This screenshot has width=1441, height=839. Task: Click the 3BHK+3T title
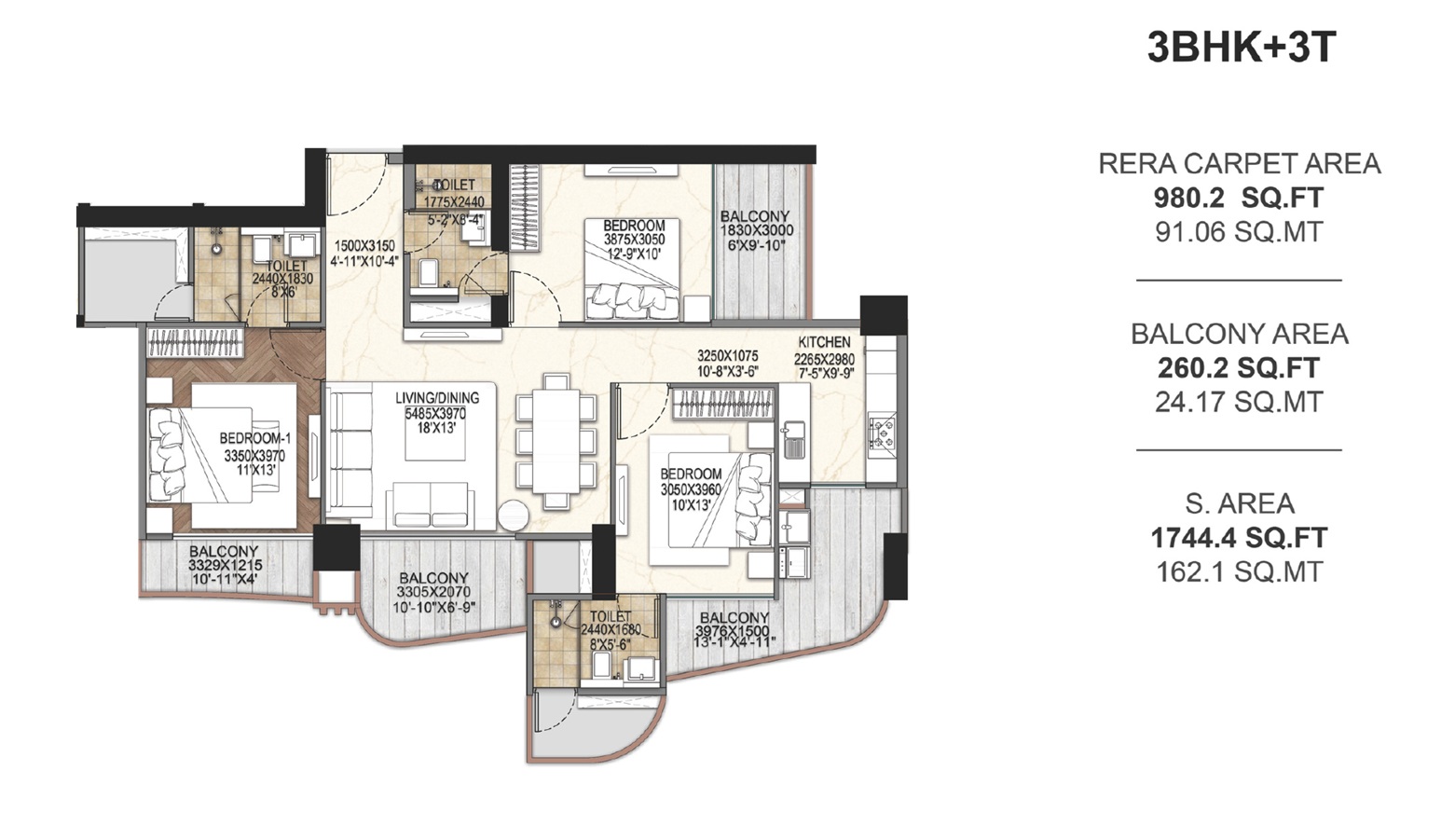(x=1241, y=47)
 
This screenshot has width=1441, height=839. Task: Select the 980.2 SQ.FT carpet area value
(x=1239, y=198)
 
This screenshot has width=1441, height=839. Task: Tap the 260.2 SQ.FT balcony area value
(x=1239, y=368)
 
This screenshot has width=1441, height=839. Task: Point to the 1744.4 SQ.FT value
(x=1239, y=538)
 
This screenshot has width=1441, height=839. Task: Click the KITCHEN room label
(x=824, y=342)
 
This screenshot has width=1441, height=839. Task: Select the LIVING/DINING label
(x=436, y=398)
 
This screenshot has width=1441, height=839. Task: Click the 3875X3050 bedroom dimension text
(x=634, y=240)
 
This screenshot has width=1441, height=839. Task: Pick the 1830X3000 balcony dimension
(x=755, y=230)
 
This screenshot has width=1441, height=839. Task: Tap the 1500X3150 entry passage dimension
(x=364, y=246)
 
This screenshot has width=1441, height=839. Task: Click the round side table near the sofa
(x=513, y=517)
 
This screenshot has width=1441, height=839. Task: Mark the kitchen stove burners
(x=882, y=431)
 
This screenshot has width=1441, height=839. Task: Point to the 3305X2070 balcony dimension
(x=433, y=592)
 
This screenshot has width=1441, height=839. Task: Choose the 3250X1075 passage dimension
(x=728, y=356)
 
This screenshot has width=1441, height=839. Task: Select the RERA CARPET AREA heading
(x=1239, y=164)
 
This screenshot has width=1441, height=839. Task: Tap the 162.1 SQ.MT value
(x=1239, y=571)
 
